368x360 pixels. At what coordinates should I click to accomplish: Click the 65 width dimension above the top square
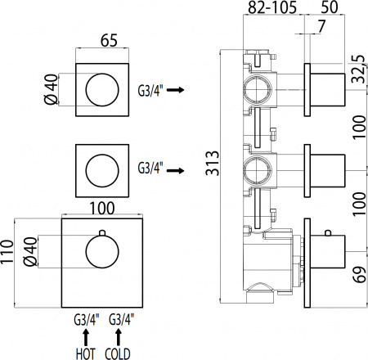click(105, 38)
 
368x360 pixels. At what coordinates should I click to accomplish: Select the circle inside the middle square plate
click(105, 171)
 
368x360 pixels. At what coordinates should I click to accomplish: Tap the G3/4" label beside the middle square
click(150, 170)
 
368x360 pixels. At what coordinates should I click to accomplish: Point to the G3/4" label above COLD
click(120, 318)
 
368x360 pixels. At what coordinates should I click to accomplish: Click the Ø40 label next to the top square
click(51, 88)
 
